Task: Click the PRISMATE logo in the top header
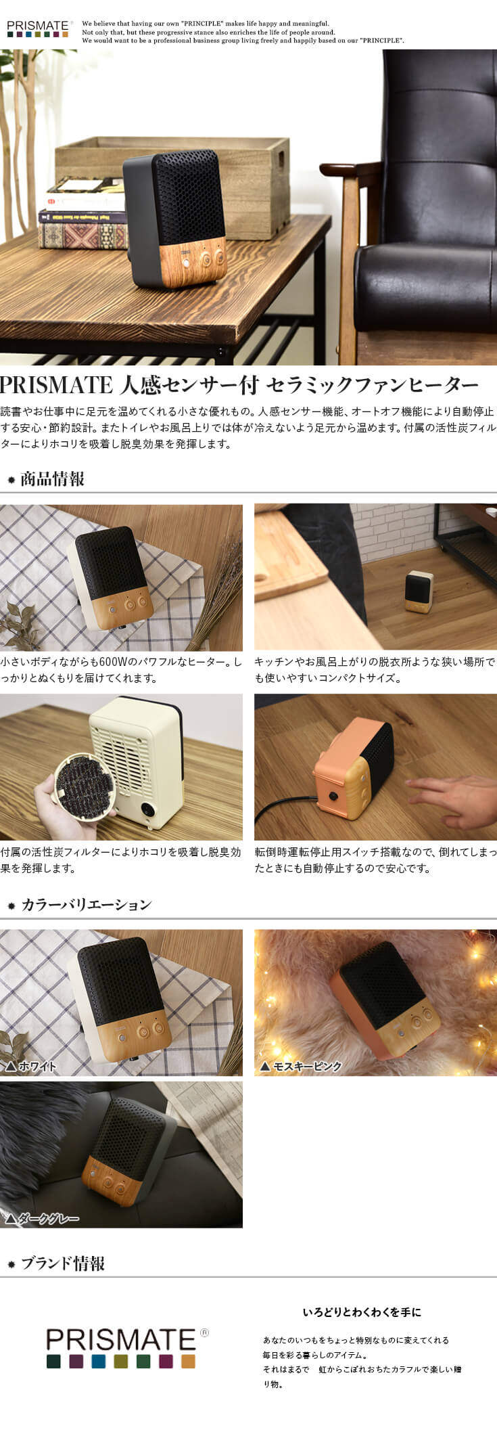tap(39, 28)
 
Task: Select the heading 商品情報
tap(52, 479)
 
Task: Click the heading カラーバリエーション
tap(86, 904)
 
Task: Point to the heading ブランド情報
tap(62, 1263)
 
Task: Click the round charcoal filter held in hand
tap(84, 787)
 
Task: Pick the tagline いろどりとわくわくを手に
tap(362, 1312)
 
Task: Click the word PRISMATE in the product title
tap(56, 385)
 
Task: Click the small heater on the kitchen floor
tap(419, 591)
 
